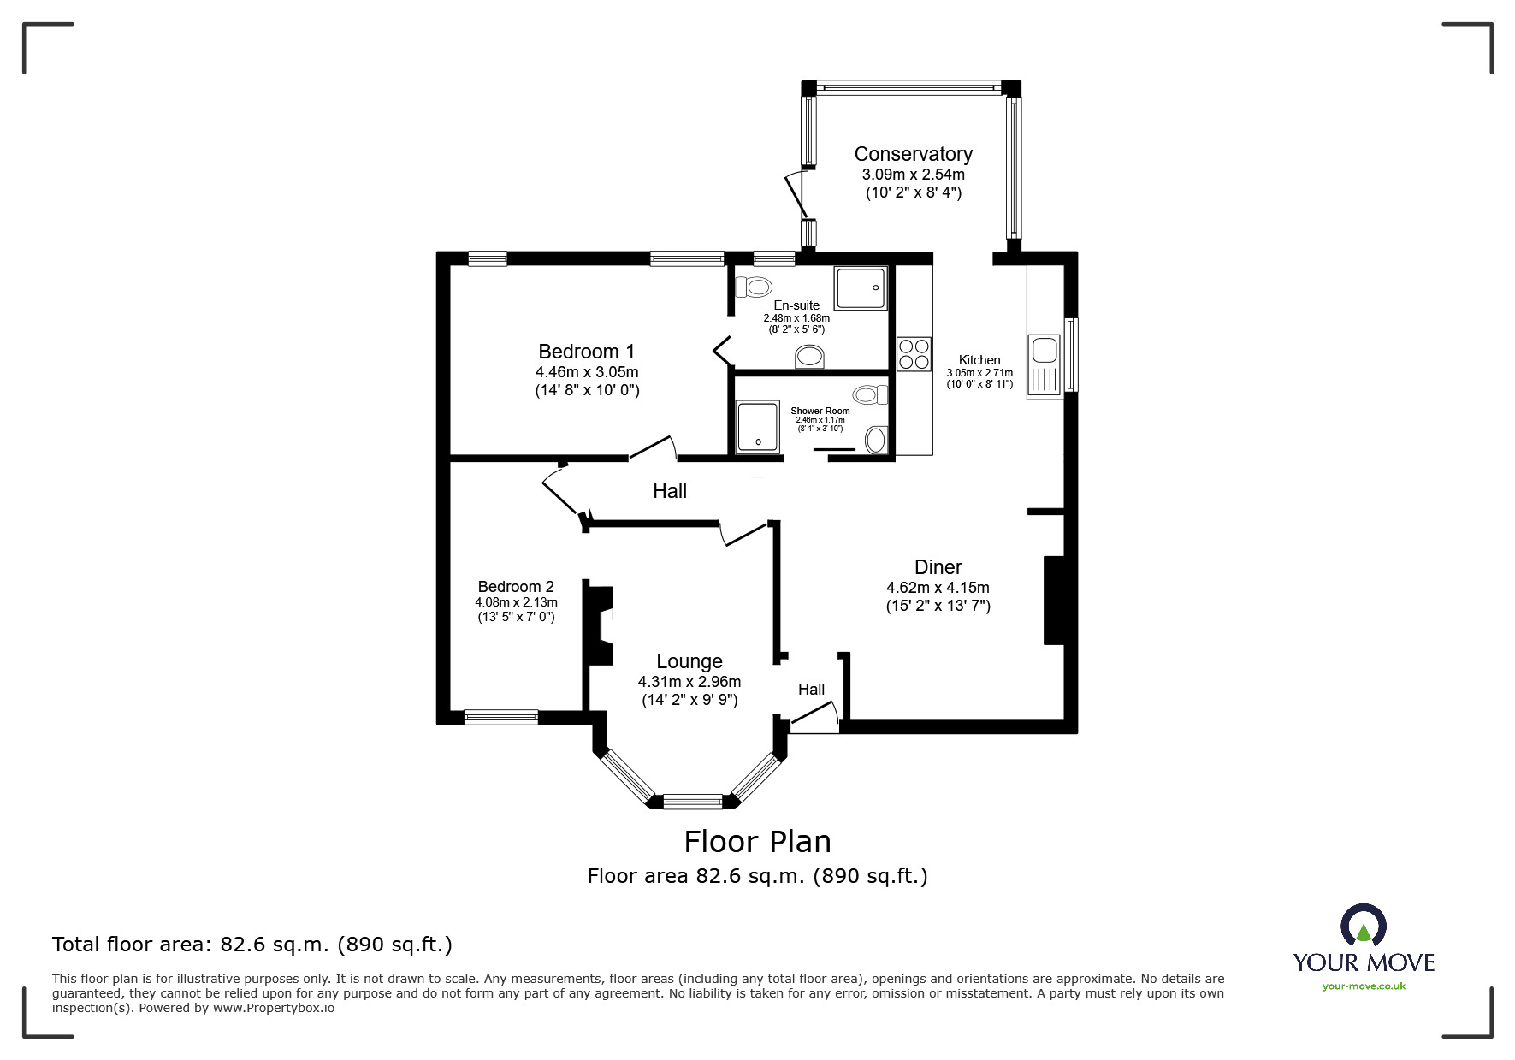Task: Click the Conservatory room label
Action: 913,154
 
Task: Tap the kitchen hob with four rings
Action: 913,354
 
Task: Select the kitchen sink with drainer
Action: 1045,365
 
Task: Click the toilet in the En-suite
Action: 753,287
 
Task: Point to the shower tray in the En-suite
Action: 861,287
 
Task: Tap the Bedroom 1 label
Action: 586,352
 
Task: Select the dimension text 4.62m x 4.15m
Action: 938,588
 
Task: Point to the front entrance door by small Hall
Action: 814,717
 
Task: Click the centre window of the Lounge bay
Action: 693,802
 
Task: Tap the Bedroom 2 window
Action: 500,717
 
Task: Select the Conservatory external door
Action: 796,195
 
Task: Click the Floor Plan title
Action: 757,842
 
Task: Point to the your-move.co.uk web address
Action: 1364,986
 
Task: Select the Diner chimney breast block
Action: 1053,600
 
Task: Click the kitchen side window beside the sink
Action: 1071,354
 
